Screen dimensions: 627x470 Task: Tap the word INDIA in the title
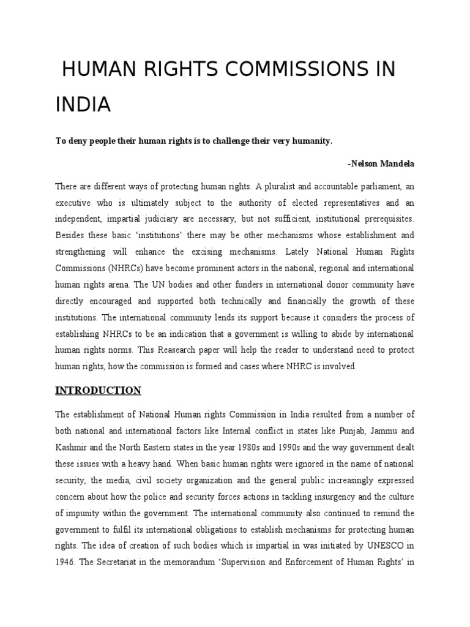click(x=83, y=105)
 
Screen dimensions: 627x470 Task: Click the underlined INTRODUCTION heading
click(x=98, y=391)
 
